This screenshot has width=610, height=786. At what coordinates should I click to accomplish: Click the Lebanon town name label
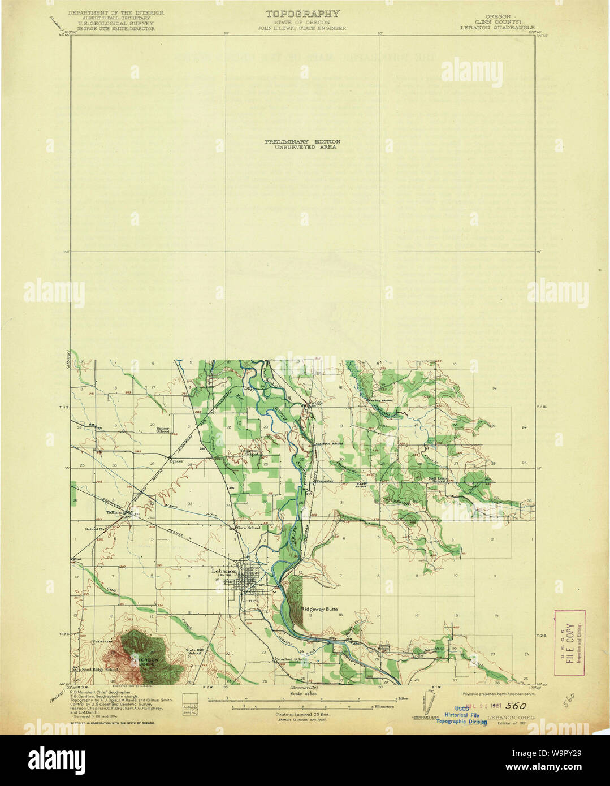(x=224, y=571)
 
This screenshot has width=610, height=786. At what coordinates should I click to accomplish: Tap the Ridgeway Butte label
(x=319, y=609)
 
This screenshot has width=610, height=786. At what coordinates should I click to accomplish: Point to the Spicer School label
(x=163, y=430)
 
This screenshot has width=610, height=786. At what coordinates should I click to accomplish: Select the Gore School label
(x=249, y=528)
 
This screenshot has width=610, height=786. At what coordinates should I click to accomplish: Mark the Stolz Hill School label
(x=194, y=651)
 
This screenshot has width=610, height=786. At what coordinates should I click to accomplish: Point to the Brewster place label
(x=326, y=481)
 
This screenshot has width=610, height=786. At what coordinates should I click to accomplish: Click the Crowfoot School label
(x=291, y=659)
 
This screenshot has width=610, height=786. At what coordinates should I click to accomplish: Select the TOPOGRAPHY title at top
(x=303, y=14)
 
